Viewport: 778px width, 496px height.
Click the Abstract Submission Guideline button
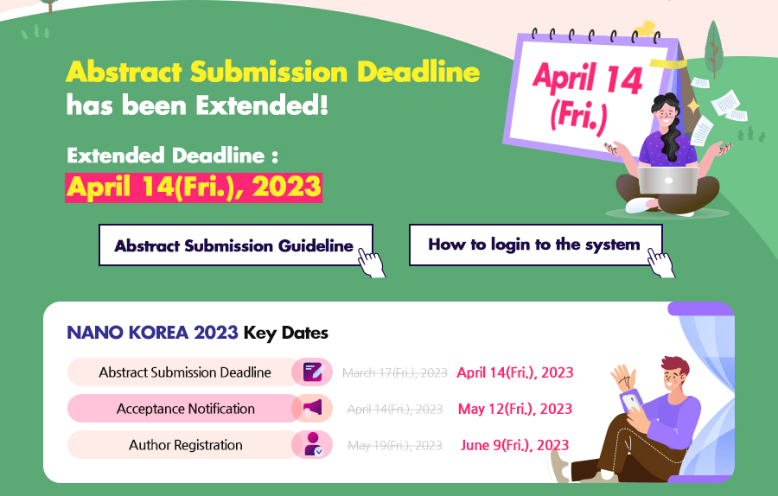point(236,245)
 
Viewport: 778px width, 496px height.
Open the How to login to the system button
point(535,245)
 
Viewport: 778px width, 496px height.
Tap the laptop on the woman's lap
point(668,180)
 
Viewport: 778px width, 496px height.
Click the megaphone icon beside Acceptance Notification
point(313,408)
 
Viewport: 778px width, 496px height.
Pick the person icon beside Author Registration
point(313,444)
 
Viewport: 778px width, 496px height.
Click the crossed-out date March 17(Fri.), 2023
point(395,372)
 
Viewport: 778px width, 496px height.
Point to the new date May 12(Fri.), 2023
point(515,409)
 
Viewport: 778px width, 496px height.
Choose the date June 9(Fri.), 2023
point(515,445)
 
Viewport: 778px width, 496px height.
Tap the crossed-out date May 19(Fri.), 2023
point(395,445)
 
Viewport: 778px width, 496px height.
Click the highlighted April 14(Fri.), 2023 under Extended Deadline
point(194,188)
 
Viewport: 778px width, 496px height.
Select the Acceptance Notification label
point(186,409)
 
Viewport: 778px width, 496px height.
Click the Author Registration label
point(186,445)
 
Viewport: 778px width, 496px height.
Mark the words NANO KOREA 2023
point(152,333)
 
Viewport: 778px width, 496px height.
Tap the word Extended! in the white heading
point(261,105)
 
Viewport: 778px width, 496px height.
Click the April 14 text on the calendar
point(588,78)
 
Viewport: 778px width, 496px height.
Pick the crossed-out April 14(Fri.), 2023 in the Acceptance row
point(395,410)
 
